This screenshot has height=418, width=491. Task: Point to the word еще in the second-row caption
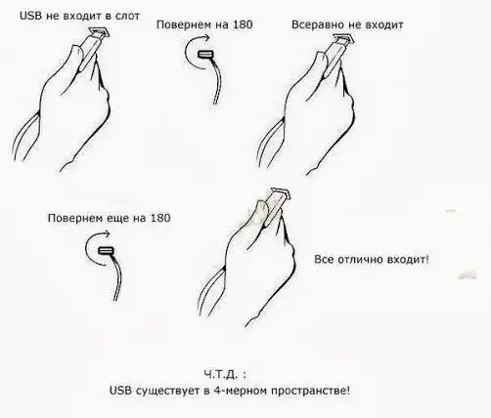pyautogui.click(x=112, y=217)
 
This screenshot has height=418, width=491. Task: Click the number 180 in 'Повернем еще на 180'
pyautogui.click(x=157, y=217)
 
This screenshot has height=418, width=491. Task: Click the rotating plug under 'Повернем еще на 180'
pyautogui.click(x=107, y=250)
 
